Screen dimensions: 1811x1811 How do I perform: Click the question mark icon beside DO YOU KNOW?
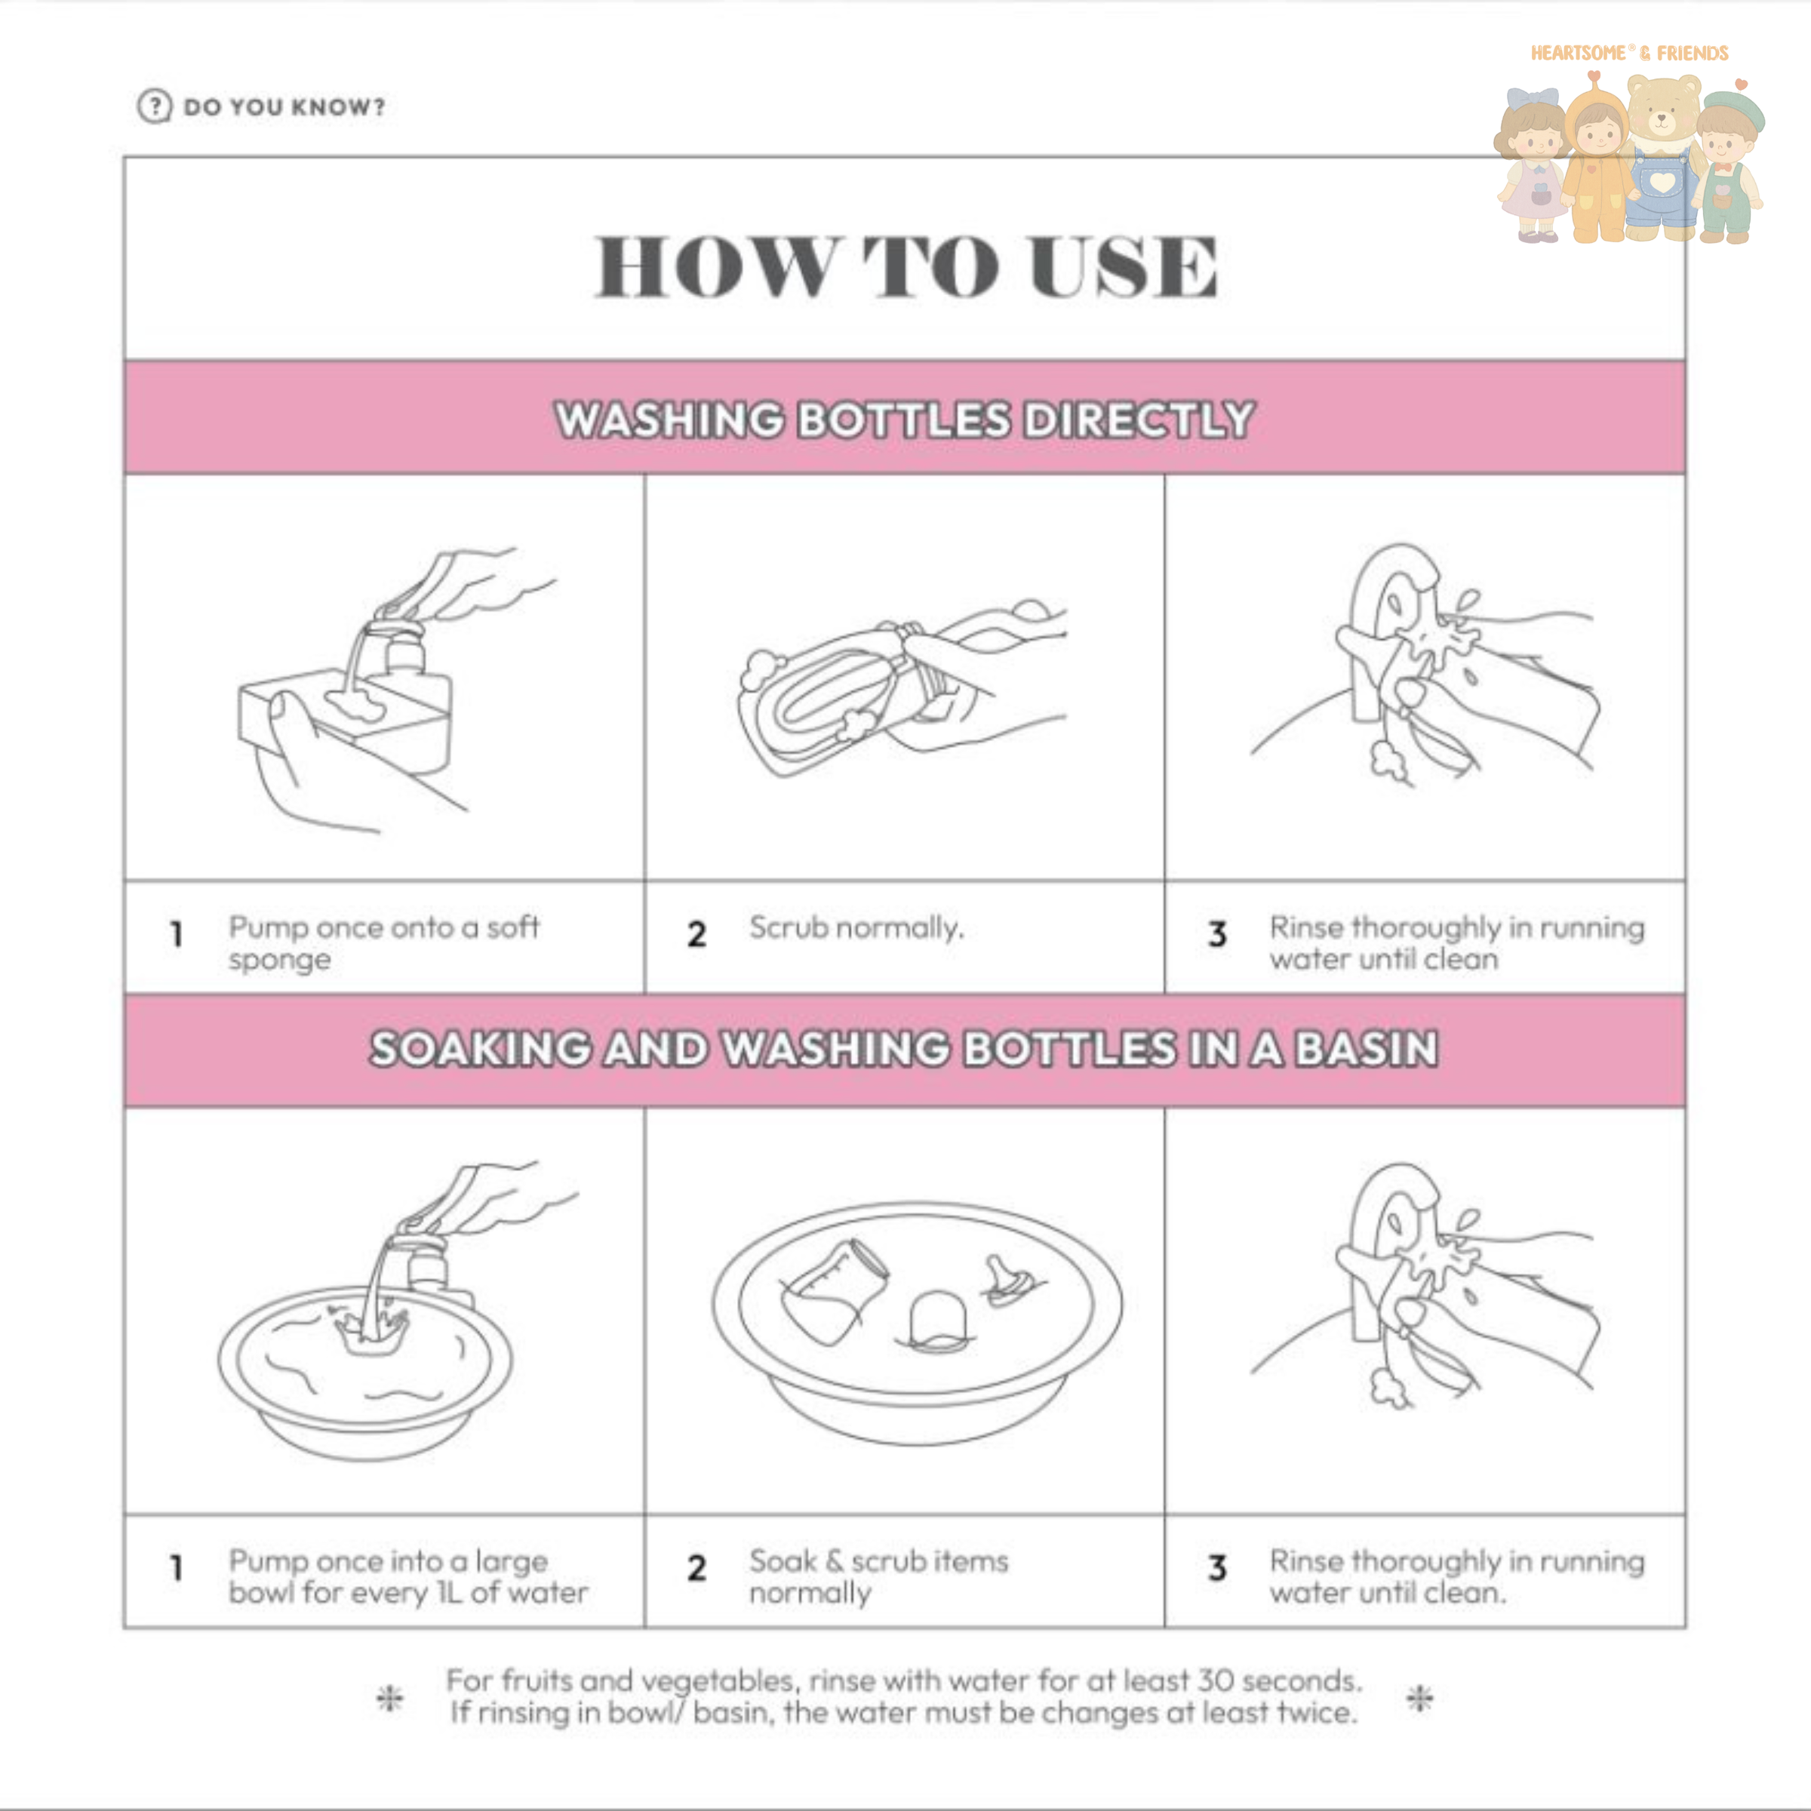click(x=155, y=106)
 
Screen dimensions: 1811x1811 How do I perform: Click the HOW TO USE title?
click(x=906, y=266)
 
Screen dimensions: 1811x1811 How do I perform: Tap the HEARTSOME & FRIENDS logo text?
click(x=1629, y=54)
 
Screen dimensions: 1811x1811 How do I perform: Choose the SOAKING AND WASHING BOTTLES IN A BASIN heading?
click(x=905, y=1048)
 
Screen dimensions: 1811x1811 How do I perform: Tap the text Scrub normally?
click(x=856, y=928)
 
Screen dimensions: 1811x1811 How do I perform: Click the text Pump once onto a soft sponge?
click(x=383, y=943)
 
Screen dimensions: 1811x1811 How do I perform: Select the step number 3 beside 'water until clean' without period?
click(x=1216, y=935)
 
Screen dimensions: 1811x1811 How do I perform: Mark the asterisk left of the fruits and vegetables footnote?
click(x=390, y=1698)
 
